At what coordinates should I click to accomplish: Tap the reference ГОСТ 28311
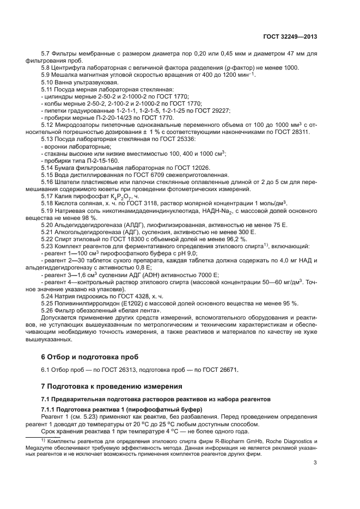291,131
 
